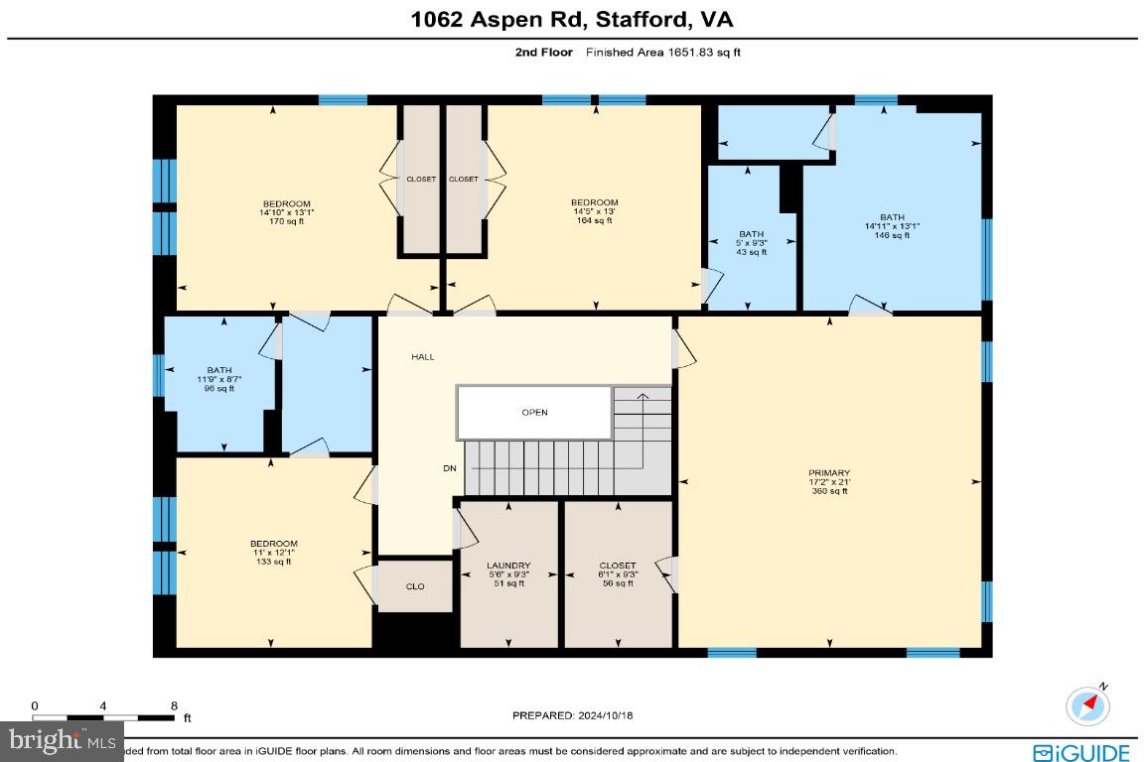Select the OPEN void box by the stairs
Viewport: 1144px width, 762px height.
click(534, 413)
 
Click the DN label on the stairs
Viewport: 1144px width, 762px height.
click(450, 468)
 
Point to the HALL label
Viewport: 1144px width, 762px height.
click(423, 357)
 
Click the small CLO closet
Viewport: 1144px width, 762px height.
click(415, 586)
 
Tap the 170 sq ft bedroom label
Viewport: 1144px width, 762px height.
click(273, 211)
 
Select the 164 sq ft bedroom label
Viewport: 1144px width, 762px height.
click(594, 211)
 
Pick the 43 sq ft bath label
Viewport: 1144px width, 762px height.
click(752, 243)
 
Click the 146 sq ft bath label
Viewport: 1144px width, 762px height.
click(892, 226)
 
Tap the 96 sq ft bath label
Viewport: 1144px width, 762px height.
click(218, 379)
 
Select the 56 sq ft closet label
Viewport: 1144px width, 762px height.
click(618, 573)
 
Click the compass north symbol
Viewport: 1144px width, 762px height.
click(1088, 704)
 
